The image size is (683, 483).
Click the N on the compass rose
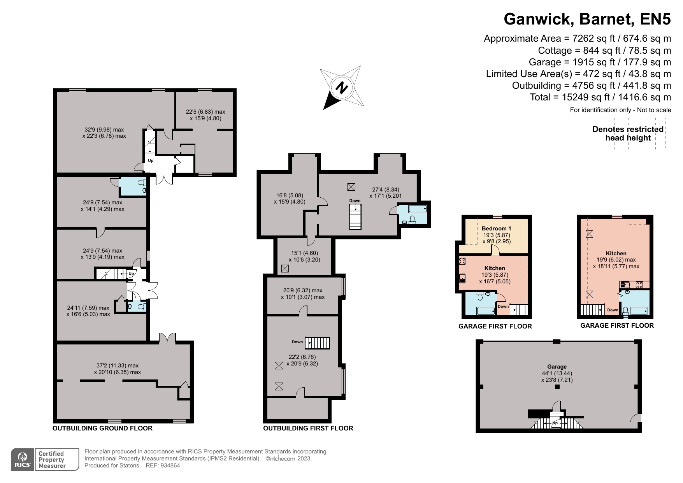click(341, 88)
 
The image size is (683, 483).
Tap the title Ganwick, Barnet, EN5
click(587, 19)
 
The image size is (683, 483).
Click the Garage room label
click(557, 367)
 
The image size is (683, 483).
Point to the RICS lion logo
click(23, 460)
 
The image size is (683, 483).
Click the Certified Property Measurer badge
click(51, 460)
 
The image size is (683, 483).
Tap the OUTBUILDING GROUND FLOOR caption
click(102, 428)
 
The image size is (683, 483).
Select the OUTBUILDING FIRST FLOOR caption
click(308, 428)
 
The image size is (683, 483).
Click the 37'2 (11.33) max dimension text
click(118, 365)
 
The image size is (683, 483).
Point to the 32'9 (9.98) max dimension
click(104, 130)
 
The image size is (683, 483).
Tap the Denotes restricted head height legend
click(628, 133)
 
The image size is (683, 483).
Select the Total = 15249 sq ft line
click(600, 97)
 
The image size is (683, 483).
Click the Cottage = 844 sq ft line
click(604, 50)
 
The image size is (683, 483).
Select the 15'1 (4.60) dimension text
click(304, 253)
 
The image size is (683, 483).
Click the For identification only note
click(621, 110)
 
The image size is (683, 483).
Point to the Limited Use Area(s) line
click(579, 74)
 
